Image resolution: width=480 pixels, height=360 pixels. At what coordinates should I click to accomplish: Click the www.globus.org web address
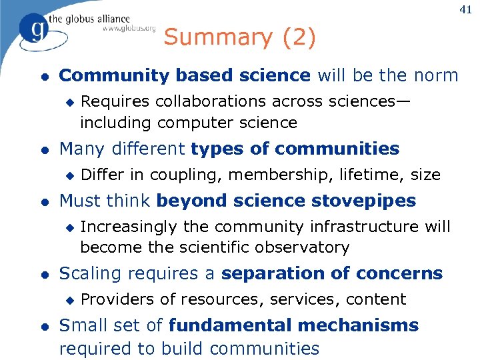(x=129, y=29)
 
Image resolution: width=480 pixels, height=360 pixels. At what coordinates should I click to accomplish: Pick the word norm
(x=436, y=75)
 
